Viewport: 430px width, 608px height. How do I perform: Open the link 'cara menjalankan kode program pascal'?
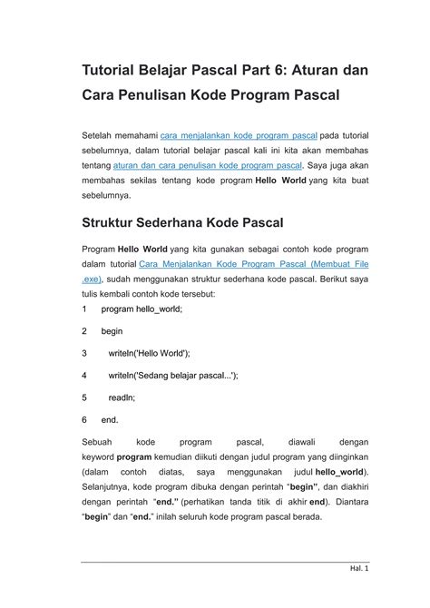coord(239,135)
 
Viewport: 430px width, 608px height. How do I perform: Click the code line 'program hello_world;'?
coord(142,309)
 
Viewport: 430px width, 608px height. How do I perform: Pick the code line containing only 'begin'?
coord(112,331)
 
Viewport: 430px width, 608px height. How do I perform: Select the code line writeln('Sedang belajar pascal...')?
coord(173,375)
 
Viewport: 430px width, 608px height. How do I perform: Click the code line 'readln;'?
coord(122,397)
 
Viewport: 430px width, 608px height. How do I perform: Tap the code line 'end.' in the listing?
coord(110,419)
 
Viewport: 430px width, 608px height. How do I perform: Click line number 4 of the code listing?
coord(84,375)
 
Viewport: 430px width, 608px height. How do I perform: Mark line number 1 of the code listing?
coord(84,309)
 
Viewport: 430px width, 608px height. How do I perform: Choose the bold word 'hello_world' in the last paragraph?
coord(338,473)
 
